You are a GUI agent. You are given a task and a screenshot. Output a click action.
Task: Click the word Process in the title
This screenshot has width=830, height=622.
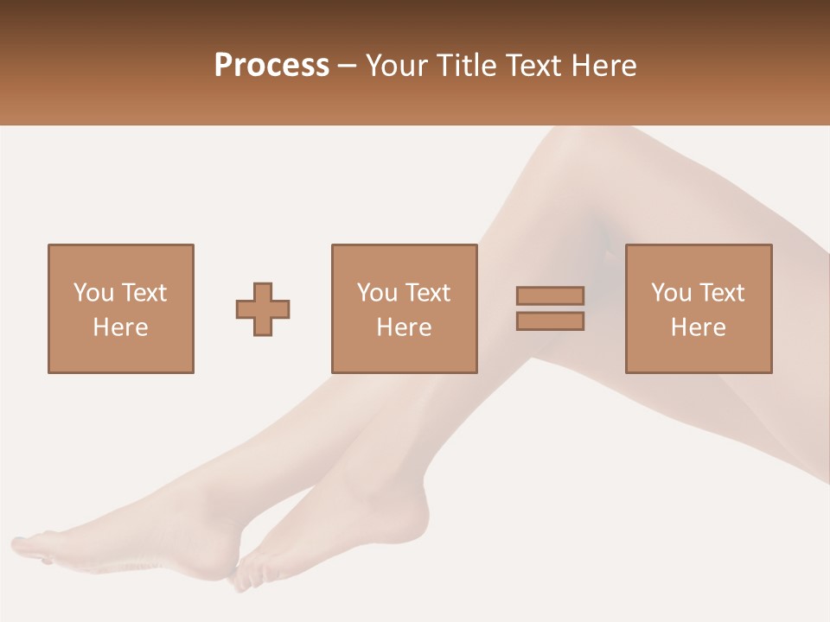point(271,66)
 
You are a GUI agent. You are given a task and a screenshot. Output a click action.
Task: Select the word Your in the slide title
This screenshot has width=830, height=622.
point(397,66)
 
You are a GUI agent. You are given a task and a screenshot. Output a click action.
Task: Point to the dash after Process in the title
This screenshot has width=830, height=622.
point(347,67)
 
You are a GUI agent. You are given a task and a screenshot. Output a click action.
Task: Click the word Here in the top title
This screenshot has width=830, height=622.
point(602,66)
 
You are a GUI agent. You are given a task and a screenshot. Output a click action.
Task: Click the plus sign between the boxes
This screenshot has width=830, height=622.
point(263,309)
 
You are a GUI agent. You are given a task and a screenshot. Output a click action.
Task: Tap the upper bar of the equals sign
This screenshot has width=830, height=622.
point(550,295)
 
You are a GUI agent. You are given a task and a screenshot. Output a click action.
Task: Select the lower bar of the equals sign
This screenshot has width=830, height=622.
point(550,321)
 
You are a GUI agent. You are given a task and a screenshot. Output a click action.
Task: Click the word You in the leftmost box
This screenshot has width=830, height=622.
point(93,292)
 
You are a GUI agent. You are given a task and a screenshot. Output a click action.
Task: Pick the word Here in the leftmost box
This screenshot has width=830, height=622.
point(120,327)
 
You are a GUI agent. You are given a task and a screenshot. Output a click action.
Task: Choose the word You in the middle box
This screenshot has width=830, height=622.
point(377,292)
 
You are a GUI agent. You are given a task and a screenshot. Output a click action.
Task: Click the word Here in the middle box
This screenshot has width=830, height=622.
point(404,327)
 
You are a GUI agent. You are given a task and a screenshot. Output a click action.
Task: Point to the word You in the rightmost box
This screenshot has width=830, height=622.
point(671,292)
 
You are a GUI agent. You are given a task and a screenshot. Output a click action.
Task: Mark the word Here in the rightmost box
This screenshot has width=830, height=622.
point(698,327)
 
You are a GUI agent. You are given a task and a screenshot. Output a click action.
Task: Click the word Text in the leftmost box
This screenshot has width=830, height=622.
point(144,292)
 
